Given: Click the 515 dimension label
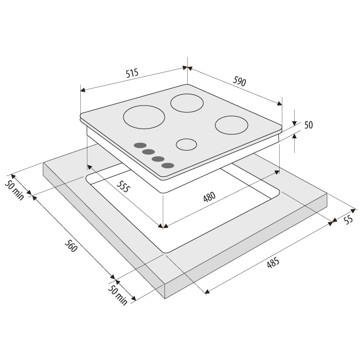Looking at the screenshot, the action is click(132, 73).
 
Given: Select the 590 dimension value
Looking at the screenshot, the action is click(240, 81).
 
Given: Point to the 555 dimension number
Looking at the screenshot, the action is click(123, 186).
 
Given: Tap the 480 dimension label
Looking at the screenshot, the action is click(209, 197).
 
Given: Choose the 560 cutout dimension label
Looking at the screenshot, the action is click(70, 246).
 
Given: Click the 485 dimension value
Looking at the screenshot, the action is click(273, 263).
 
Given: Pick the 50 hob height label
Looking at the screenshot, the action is click(309, 125).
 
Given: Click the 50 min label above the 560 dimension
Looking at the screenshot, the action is click(14, 190).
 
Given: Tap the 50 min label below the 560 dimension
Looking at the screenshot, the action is click(118, 296).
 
